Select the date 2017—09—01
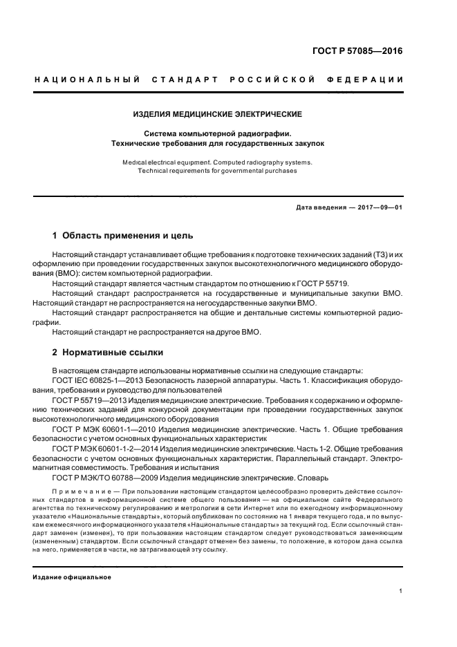coord(376,207)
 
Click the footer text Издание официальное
coord(72,577)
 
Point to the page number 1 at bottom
coord(401,591)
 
